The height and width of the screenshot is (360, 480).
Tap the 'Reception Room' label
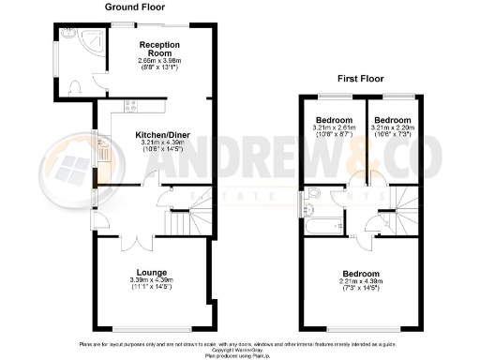tap(159, 50)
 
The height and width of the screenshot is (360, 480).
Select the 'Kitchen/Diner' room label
tap(157, 136)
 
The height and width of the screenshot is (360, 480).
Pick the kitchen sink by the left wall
tap(104, 149)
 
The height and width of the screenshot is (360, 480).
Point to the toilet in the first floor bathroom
tap(316, 194)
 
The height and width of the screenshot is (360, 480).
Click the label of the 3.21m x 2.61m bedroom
tap(333, 121)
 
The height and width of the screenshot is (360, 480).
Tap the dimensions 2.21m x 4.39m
tap(359, 280)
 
